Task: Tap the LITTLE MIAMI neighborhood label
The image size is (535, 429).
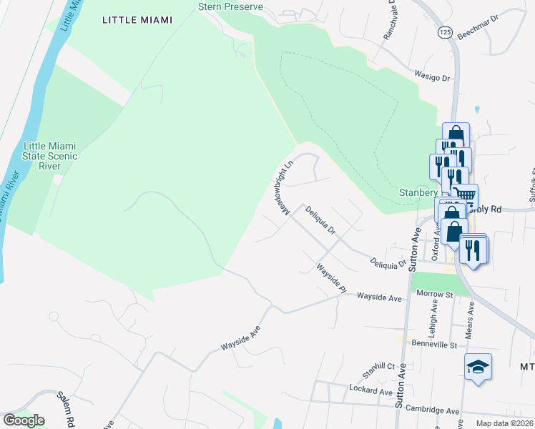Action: pos(137,20)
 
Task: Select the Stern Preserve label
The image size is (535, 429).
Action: pos(230,6)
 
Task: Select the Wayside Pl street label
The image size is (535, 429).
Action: pos(332,278)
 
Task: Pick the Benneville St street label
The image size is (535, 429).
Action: pos(435,345)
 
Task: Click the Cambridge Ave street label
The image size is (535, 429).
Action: pos(433,411)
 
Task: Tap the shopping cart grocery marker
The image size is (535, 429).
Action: pos(466,194)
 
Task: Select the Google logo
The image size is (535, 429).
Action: pos(24,420)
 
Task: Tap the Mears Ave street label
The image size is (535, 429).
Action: pos(471,312)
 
